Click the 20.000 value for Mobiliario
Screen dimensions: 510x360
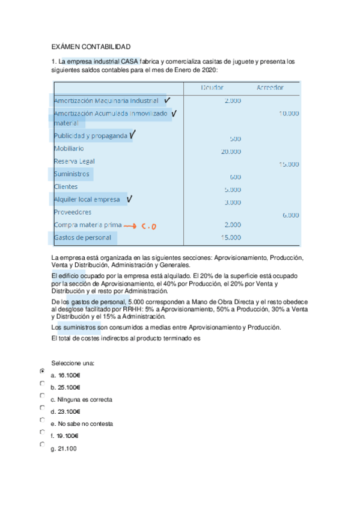pyautogui.click(x=231, y=152)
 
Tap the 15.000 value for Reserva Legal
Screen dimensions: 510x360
pyautogui.click(x=289, y=164)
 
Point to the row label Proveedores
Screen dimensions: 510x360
pyautogui.click(x=73, y=212)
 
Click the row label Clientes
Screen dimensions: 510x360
pyautogui.click(x=66, y=186)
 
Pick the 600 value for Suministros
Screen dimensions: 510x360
pyautogui.click(x=235, y=177)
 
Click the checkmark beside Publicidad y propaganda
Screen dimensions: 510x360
pyautogui.click(x=132, y=135)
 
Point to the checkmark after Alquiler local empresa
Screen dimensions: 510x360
pyautogui.click(x=129, y=198)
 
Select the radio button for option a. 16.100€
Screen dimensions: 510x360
pyautogui.click(x=42, y=372)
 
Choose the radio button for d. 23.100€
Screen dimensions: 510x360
pyautogui.click(x=42, y=408)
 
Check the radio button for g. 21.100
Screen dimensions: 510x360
pyautogui.click(x=42, y=444)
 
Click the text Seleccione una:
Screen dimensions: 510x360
pyautogui.click(x=73, y=363)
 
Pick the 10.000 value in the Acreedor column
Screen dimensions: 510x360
pyautogui.click(x=289, y=113)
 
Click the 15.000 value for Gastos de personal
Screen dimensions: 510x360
pyautogui.click(x=231, y=238)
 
